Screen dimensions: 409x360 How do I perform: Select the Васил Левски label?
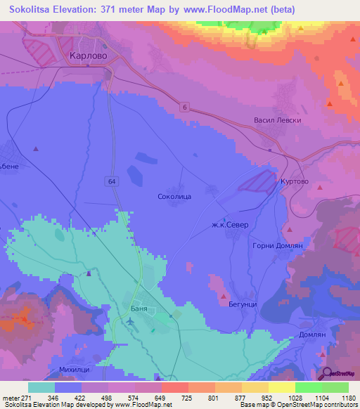pyautogui.click(x=277, y=120)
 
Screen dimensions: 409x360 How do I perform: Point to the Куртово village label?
pyautogui.click(x=295, y=180)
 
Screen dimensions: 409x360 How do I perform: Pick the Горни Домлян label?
pyautogui.click(x=276, y=246)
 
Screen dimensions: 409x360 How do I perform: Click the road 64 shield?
pyautogui.click(x=112, y=181)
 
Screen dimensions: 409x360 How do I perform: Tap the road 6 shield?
pyautogui.click(x=184, y=106)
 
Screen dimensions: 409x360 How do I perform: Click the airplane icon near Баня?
pyautogui.click(x=129, y=321)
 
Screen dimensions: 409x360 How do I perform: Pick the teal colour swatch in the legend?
pyautogui.click(x=41, y=387)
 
